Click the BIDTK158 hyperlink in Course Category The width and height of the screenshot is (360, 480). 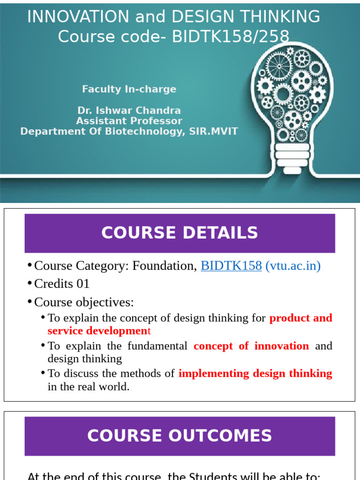click(x=231, y=266)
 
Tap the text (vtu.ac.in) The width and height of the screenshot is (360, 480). click(x=293, y=266)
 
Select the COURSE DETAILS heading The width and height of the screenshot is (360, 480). click(x=180, y=233)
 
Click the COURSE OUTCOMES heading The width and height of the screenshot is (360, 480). click(x=180, y=436)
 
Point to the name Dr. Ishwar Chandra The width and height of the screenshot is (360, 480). click(x=129, y=111)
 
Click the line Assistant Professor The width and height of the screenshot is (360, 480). click(x=129, y=121)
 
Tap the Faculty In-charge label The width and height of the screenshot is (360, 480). click(x=129, y=89)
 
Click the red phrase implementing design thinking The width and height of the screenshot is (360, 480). click(x=255, y=374)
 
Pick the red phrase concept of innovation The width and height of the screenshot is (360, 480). click(x=251, y=346)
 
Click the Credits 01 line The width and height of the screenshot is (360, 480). click(x=62, y=284)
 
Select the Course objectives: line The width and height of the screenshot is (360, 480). click(x=84, y=302)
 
